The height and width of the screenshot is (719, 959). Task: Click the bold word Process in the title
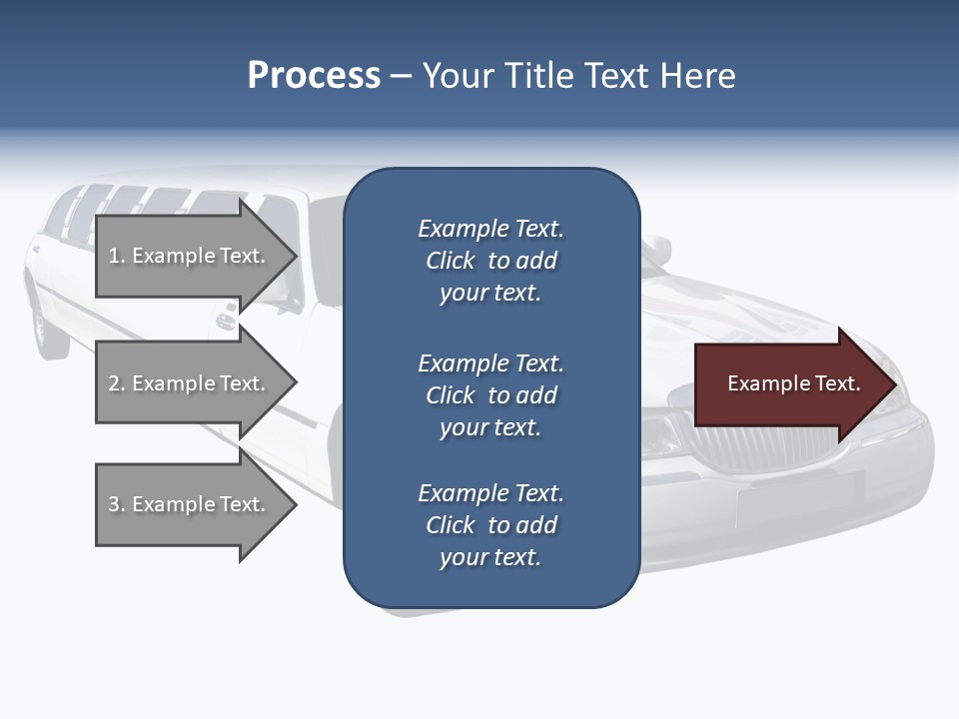point(314,76)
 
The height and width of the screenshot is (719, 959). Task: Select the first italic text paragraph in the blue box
point(490,261)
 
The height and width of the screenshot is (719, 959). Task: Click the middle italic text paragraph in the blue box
point(490,395)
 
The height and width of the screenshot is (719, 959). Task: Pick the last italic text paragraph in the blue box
point(490,525)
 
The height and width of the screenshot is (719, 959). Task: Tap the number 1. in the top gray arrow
point(117,256)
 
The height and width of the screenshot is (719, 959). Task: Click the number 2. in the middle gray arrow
point(117,383)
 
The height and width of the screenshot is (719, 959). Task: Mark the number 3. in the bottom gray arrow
point(117,504)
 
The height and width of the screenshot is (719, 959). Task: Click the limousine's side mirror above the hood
point(655,251)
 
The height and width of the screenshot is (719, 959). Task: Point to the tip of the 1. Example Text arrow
point(296,256)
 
